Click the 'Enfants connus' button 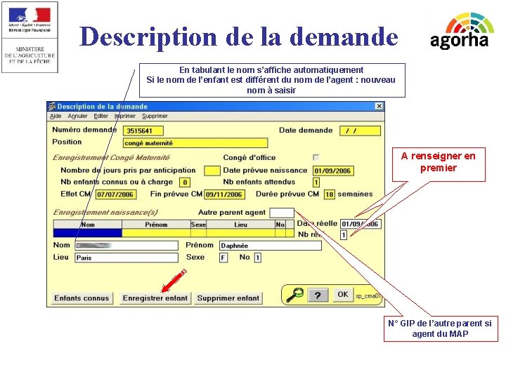82,298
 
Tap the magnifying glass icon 294,295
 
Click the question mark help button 318,295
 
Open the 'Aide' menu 56,117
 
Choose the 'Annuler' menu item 77,117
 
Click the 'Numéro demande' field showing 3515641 143,131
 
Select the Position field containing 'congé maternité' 195,143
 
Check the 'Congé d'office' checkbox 316,157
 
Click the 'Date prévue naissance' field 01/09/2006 332,171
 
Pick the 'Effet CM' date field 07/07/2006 115,194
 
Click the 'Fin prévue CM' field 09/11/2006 224,194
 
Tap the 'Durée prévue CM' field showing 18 329,194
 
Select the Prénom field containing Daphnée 270,246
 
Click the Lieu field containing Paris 126,258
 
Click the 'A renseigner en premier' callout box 438,162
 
